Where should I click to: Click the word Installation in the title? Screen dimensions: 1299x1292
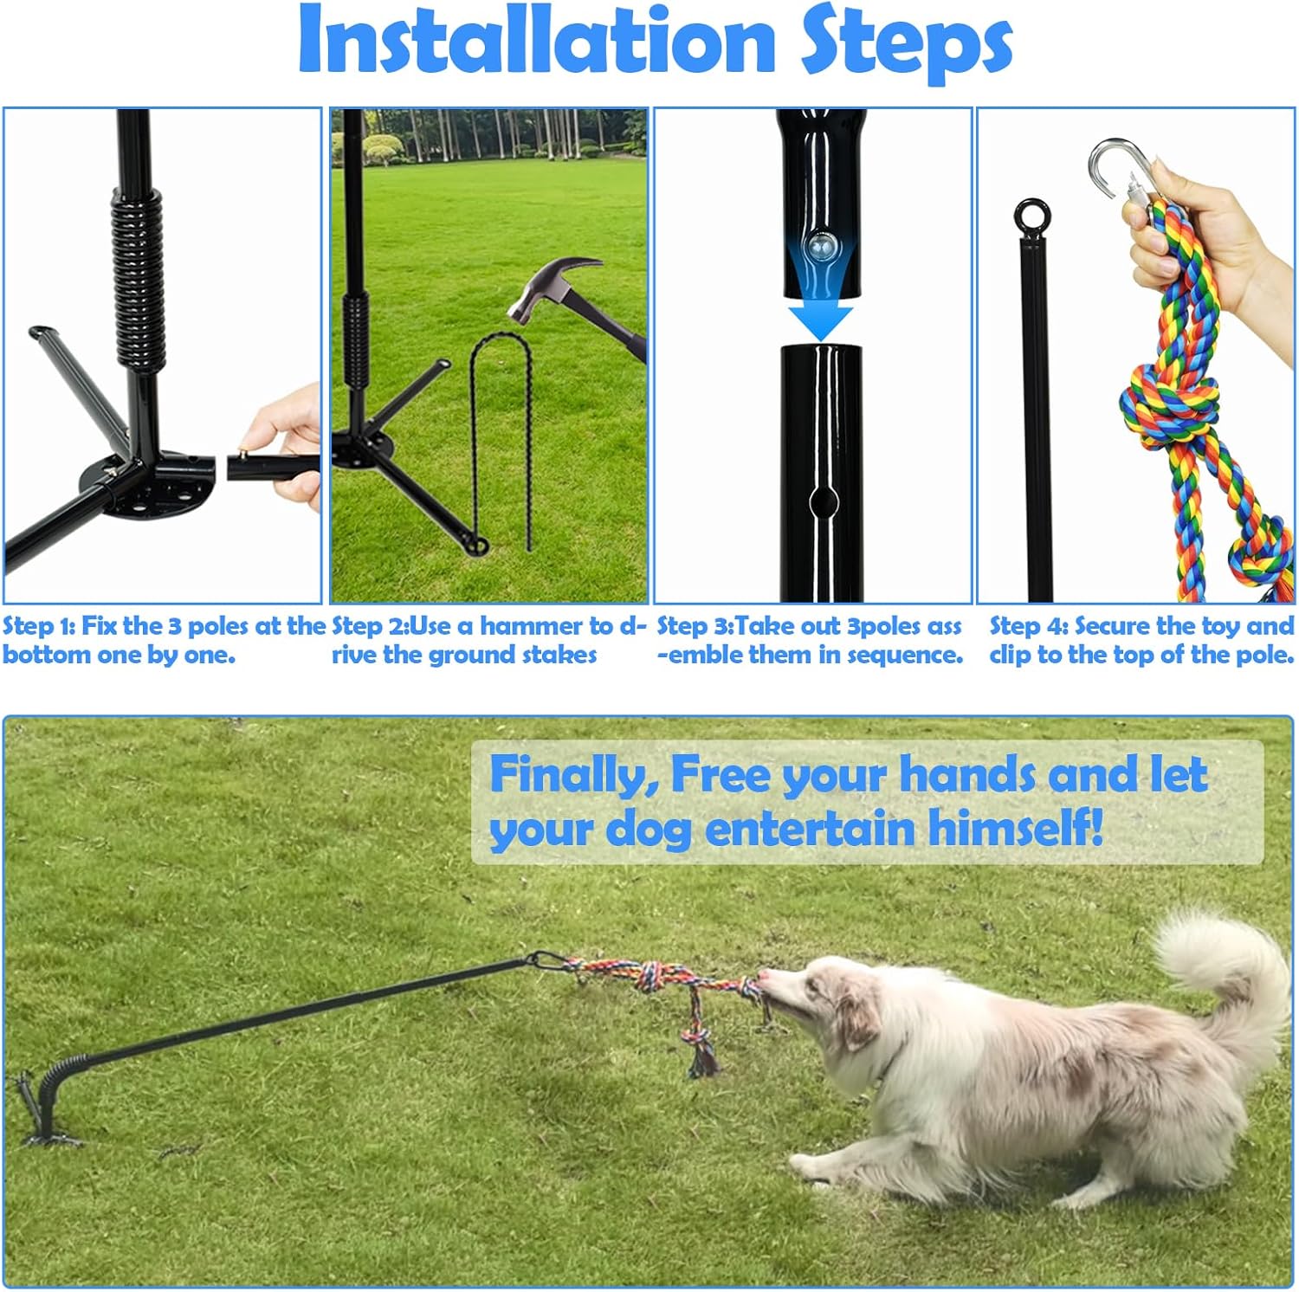(536, 42)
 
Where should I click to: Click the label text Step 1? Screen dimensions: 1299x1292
(39, 626)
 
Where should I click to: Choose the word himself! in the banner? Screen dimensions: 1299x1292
(1017, 828)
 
